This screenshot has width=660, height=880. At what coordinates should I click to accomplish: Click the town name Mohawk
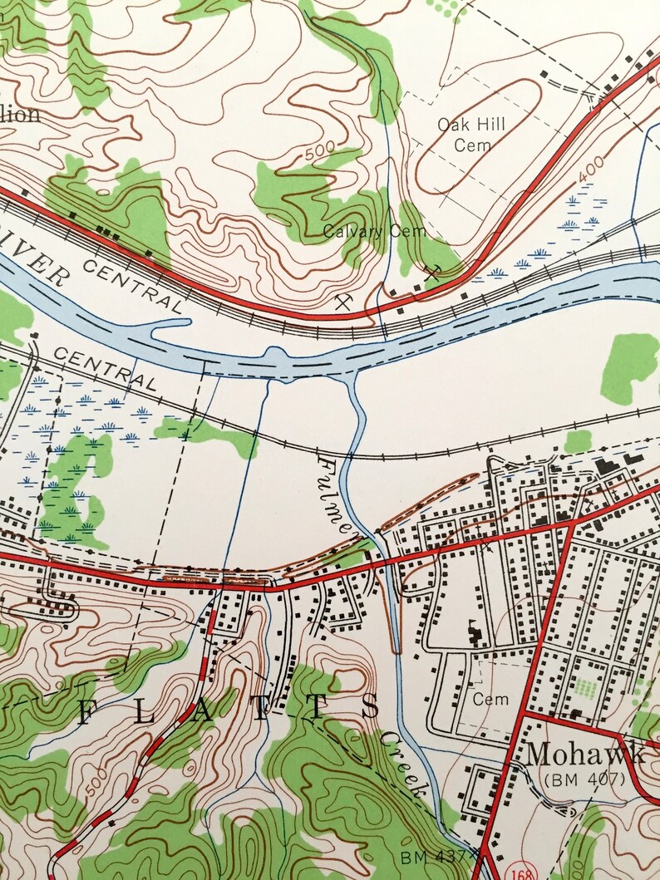(585, 755)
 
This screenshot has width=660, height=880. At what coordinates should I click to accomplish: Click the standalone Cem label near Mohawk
(490, 700)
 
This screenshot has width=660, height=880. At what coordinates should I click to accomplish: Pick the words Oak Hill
(471, 125)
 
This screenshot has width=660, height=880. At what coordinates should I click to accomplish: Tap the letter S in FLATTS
(372, 709)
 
